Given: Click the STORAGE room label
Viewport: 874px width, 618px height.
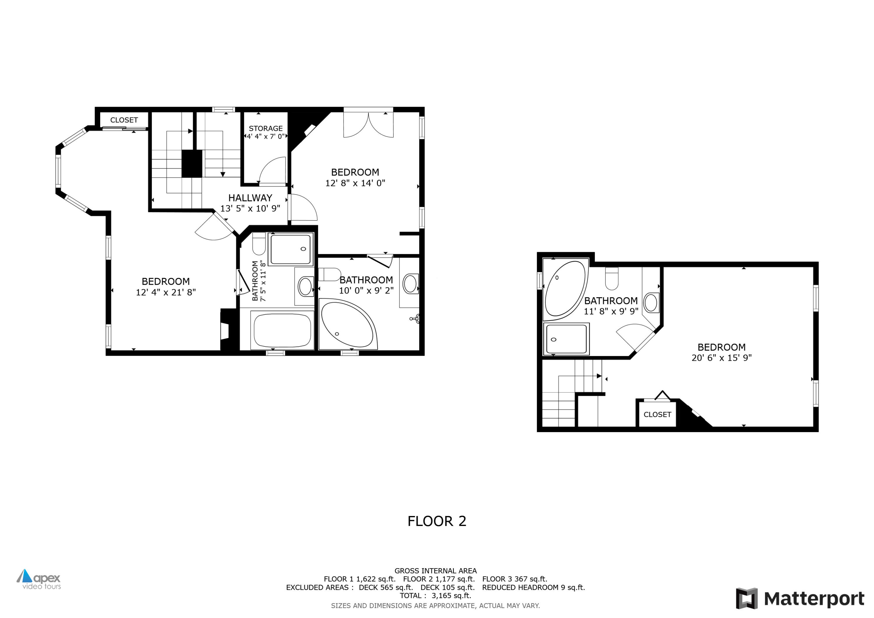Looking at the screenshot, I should (265, 128).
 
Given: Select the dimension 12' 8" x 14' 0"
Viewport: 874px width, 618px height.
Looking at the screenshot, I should (355, 183).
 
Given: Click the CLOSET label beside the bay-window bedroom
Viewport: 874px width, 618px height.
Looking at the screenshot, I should (124, 120).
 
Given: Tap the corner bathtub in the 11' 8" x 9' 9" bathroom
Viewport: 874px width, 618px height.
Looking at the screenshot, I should (565, 289).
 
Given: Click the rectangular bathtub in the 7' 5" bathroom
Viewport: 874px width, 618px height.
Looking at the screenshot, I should (282, 330).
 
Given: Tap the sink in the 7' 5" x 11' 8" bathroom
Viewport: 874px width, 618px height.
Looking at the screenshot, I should (305, 286).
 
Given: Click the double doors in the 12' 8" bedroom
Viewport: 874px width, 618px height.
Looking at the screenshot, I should (368, 124).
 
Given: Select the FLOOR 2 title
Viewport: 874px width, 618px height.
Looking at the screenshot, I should (437, 521).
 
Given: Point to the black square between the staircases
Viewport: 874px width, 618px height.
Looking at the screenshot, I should (191, 163).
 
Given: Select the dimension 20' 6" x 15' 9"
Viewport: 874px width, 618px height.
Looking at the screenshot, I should (721, 358).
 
